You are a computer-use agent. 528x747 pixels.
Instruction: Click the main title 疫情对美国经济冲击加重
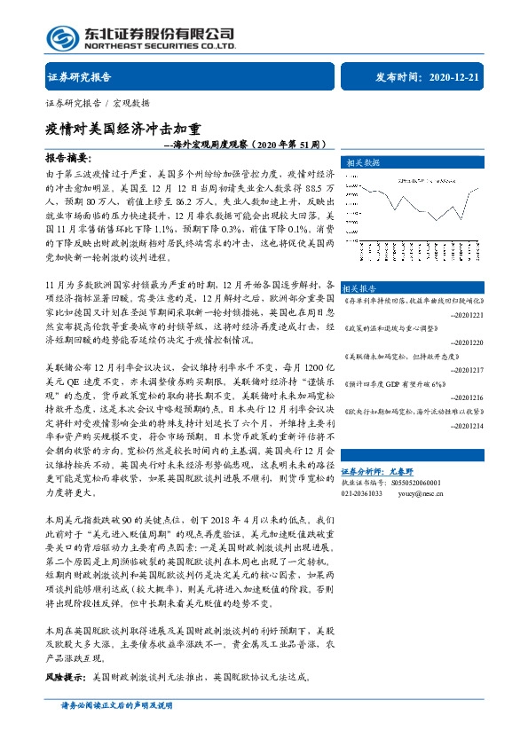tap(123, 127)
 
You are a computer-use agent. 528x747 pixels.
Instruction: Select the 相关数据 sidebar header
tap(361, 163)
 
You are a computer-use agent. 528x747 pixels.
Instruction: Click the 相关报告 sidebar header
tap(360, 288)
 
